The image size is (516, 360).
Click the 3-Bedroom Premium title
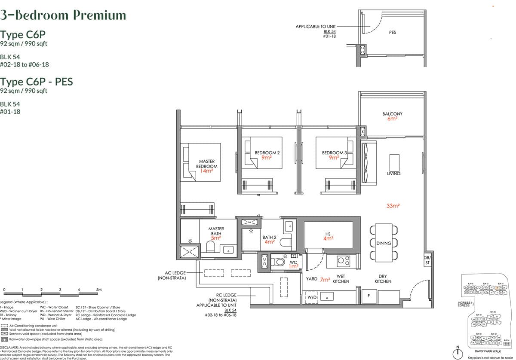click(x=63, y=15)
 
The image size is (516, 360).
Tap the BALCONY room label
click(x=392, y=114)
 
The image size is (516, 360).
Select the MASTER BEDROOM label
click(x=207, y=164)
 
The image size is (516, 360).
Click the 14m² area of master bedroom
click(x=207, y=171)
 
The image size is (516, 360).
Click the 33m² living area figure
click(x=393, y=206)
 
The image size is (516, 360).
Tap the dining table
click(x=384, y=243)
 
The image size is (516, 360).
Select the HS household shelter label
click(x=328, y=234)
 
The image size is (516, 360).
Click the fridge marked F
click(x=369, y=296)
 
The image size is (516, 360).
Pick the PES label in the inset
click(x=392, y=32)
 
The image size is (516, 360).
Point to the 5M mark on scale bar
click(x=98, y=290)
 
